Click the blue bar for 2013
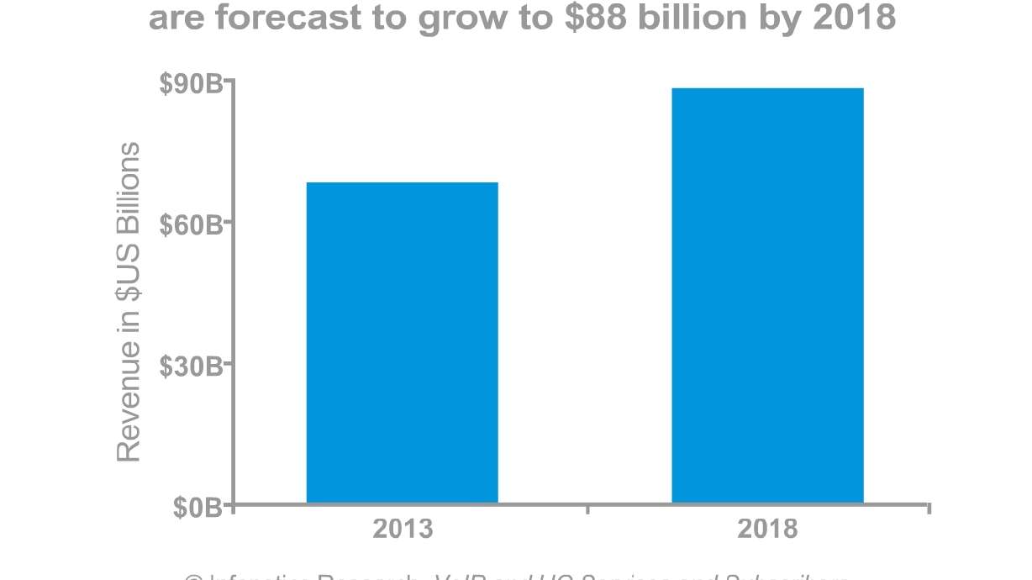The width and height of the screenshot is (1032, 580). point(402,343)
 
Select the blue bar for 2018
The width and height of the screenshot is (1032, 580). point(767,295)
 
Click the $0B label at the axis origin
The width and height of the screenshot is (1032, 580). point(197,507)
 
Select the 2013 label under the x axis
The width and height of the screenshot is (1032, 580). point(403,530)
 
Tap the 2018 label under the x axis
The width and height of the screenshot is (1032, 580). point(767,530)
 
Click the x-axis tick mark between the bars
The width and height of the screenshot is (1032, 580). point(587,509)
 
